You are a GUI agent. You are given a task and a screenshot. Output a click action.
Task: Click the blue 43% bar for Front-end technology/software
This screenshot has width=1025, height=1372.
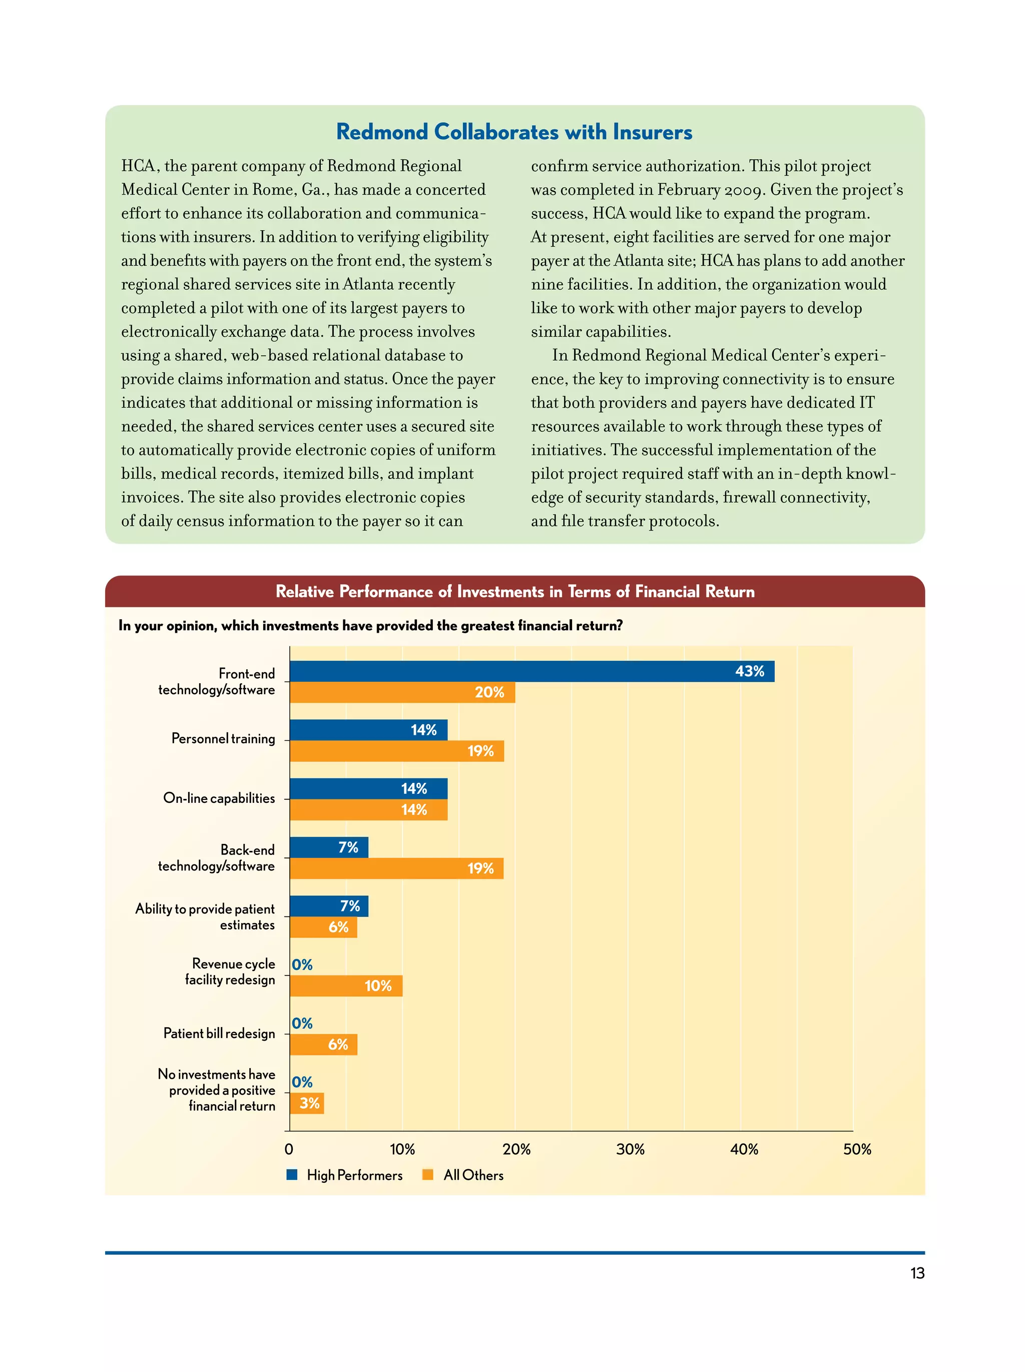pos(531,671)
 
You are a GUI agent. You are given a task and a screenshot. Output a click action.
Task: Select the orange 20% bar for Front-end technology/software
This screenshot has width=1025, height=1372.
pos(402,692)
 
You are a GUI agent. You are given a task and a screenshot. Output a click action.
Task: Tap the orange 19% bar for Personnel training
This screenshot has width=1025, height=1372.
pos(396,751)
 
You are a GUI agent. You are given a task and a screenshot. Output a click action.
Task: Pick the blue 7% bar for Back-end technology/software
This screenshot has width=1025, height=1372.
pos(329,847)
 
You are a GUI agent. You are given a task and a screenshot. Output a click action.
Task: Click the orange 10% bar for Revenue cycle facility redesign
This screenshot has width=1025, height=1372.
pos(345,986)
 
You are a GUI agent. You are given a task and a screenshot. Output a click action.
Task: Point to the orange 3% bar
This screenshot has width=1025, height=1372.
pos(306,1103)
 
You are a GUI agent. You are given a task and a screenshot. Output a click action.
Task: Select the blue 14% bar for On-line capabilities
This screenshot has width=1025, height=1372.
pos(368,788)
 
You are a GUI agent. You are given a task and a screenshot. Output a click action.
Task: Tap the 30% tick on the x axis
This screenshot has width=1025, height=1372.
pos(630,1149)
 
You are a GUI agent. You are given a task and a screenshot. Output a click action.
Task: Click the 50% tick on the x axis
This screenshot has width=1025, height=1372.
pos(856,1149)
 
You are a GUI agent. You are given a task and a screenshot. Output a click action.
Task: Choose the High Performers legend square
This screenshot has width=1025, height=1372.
pos(292,1175)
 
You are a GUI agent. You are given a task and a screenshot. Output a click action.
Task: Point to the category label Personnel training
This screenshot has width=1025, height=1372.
pos(223,739)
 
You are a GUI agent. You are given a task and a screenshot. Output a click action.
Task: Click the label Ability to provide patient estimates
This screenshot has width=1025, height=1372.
pos(205,917)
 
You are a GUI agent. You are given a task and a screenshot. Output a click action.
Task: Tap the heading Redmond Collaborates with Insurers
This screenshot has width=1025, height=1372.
pos(514,132)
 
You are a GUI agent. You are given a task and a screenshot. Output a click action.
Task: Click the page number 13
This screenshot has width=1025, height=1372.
pos(916,1273)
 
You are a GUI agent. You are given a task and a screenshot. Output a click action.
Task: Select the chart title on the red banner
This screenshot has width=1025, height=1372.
pos(515,592)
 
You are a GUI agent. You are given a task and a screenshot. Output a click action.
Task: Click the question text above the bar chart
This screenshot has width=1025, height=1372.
pos(370,625)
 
